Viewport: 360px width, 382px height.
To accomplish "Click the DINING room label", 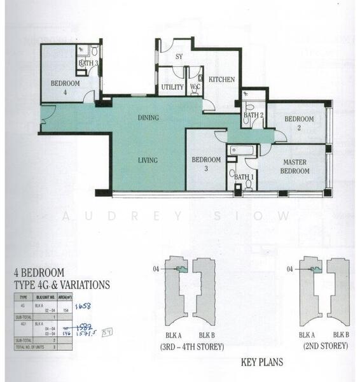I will (x=148, y=118).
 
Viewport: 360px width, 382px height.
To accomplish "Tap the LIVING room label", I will (x=148, y=160).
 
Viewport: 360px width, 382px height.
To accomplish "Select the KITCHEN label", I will (x=222, y=80).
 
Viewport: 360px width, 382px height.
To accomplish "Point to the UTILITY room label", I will (x=172, y=87).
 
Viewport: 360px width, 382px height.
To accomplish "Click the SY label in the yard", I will (x=179, y=57).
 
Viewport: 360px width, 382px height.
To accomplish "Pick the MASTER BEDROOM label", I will (x=296, y=167).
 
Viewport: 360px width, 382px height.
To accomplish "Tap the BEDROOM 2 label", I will (x=299, y=124).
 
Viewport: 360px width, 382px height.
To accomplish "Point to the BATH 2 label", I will (x=253, y=115).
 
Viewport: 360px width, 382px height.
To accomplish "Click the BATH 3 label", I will (x=88, y=63).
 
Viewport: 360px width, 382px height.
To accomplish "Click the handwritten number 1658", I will (x=83, y=306).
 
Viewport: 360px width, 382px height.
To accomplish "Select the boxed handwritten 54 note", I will (x=107, y=330).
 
